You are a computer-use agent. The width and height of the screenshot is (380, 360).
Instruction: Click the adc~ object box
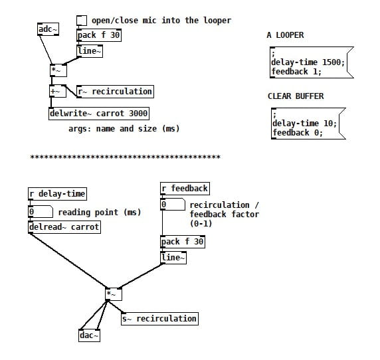tap(48, 29)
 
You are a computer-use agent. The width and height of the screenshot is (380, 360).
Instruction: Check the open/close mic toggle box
tap(82, 20)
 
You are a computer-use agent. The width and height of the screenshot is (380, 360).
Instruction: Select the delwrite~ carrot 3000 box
tap(99, 114)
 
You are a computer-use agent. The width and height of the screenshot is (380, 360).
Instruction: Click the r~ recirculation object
tap(115, 92)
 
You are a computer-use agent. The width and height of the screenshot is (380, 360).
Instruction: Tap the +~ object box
tap(57, 92)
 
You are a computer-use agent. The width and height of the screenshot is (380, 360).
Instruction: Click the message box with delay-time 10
tap(306, 123)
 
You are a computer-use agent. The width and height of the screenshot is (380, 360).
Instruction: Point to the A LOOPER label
tap(285, 35)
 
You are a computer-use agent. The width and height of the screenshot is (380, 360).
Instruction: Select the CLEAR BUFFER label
tap(296, 96)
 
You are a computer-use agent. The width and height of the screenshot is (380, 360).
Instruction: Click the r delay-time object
tap(57, 194)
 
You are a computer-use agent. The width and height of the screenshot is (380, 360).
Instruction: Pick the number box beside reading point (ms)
tap(41, 212)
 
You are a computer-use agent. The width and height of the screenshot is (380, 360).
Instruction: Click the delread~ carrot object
tap(64, 227)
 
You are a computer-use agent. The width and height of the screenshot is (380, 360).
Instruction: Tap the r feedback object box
tap(185, 189)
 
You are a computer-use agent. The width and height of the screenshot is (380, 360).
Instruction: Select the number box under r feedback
tap(173, 205)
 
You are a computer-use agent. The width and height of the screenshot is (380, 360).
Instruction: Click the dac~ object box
tap(89, 335)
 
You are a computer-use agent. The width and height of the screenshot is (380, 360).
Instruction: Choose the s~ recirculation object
tap(159, 319)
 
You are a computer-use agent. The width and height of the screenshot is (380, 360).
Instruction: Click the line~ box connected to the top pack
tap(90, 50)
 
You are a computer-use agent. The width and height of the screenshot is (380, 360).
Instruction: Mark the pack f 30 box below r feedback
tap(183, 242)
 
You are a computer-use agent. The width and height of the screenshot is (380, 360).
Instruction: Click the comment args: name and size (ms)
tap(124, 129)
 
